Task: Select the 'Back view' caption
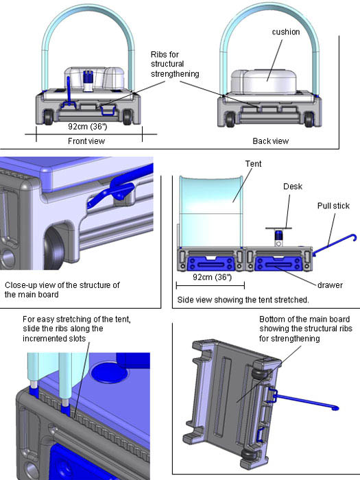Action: point(272,141)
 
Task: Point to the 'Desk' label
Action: point(292,186)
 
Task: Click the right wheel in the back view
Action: point(310,119)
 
